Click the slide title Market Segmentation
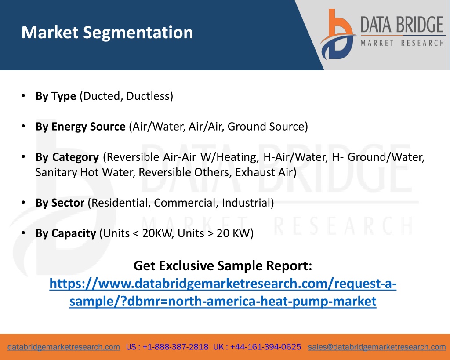tap(107, 33)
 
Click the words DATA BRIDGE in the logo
tap(402, 25)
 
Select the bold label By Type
tap(56, 96)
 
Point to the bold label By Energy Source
tap(80, 127)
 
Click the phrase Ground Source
tap(266, 126)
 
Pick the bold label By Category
tap(67, 157)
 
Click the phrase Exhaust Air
tap(264, 172)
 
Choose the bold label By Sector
tap(60, 203)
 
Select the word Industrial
tap(246, 203)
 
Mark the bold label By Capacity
tap(65, 233)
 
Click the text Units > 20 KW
tap(214, 233)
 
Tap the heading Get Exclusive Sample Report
tap(223, 266)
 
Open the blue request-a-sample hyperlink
tap(223, 293)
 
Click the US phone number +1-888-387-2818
tap(175, 347)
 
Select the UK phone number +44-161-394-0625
tap(265, 347)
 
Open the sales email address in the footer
tap(377, 347)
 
